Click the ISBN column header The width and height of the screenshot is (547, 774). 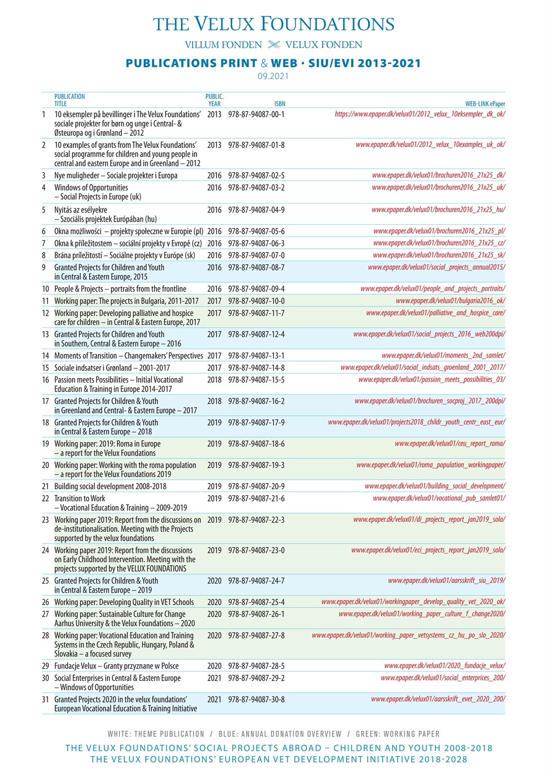279,104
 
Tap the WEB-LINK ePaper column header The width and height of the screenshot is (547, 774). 485,104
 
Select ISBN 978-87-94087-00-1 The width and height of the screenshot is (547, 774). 256,114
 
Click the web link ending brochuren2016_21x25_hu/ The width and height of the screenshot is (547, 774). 438,209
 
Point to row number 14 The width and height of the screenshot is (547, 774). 45,356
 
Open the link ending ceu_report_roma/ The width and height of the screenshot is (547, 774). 450,443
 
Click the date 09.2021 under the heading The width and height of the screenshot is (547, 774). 273,76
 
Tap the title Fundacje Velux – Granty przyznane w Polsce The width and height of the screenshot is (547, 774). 116,666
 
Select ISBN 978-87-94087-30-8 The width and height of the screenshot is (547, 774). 256,699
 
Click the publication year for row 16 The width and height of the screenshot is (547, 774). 214,380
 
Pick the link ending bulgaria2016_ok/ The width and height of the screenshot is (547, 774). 450,300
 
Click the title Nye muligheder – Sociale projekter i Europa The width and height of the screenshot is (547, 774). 116,176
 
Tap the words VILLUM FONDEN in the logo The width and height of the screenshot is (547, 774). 223,45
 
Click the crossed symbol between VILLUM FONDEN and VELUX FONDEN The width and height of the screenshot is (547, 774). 274,45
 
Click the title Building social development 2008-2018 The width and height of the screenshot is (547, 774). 110,486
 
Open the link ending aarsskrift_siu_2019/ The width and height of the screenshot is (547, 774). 446,580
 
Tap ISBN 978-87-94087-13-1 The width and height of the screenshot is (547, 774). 256,356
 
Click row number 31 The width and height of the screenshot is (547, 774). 45,699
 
